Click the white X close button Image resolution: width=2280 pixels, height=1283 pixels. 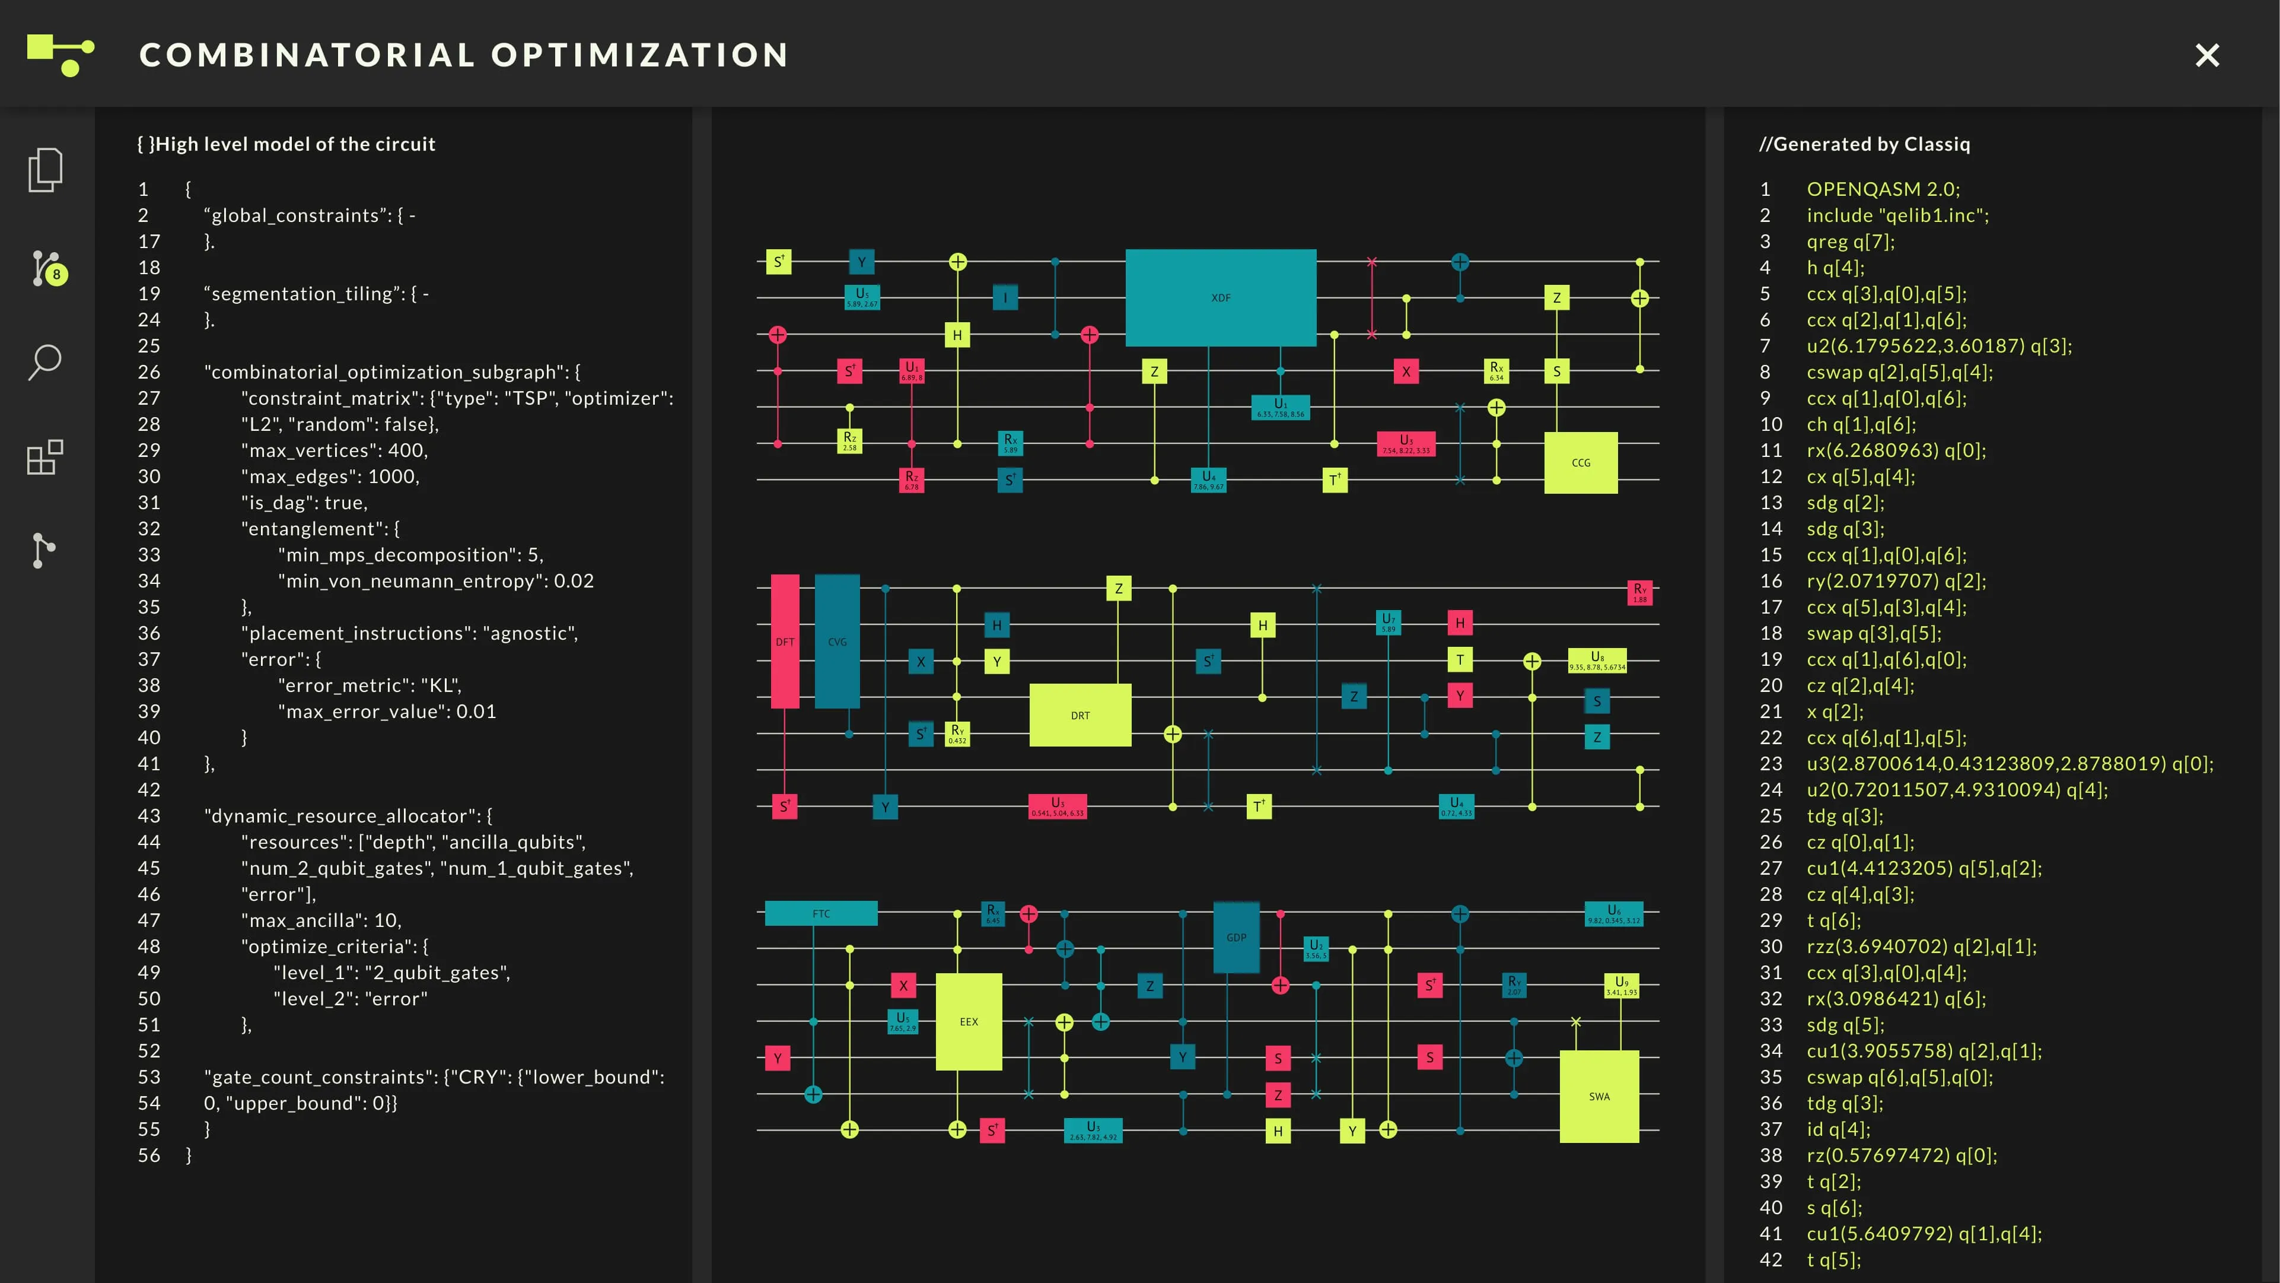coord(2208,55)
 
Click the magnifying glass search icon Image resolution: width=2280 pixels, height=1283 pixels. coord(44,361)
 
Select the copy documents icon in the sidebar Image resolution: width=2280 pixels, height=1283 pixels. coord(44,169)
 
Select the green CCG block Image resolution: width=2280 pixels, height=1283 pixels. coord(1581,462)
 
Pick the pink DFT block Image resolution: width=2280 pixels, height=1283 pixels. coord(784,641)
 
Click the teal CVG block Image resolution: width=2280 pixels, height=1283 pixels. coord(836,641)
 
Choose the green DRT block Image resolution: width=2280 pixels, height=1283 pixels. coord(1080,714)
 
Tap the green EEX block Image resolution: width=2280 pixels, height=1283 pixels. coord(969,1021)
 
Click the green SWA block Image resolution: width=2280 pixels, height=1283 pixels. coord(1598,1095)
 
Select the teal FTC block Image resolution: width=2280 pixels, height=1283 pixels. coord(820,913)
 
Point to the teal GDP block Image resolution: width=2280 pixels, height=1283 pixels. coord(1235,937)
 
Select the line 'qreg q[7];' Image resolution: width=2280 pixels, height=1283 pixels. coord(1850,241)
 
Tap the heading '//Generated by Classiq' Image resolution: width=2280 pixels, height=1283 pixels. coord(1864,144)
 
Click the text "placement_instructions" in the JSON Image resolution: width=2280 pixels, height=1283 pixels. coord(358,633)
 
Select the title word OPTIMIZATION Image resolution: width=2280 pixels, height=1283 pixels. coord(639,55)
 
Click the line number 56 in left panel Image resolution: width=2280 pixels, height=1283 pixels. coord(149,1155)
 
